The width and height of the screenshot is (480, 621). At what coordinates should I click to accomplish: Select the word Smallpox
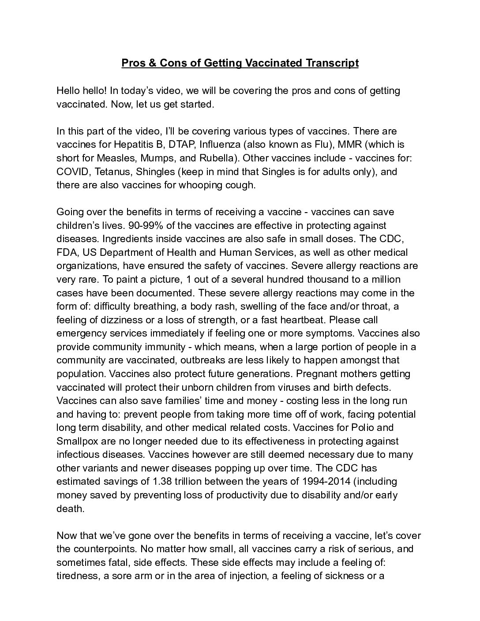(77, 441)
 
